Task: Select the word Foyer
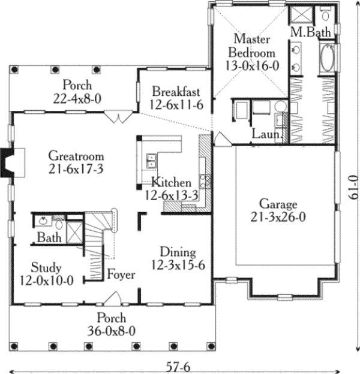point(121,275)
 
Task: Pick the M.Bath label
point(308,31)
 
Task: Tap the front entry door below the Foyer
point(113,298)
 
